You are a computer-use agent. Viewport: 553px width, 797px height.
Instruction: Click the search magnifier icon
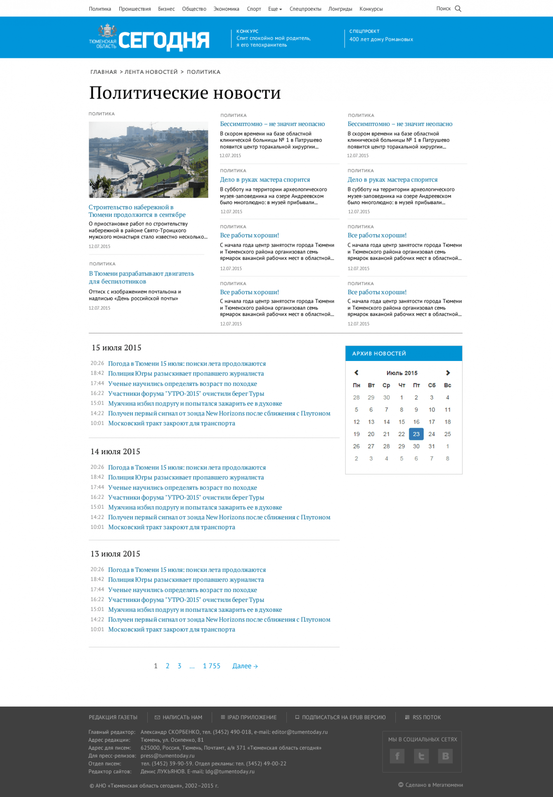click(458, 9)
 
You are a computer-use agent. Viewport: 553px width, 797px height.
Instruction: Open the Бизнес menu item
click(166, 9)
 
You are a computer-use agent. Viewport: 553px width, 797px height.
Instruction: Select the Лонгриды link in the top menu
click(340, 9)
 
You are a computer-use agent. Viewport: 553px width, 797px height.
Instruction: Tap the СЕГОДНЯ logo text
click(164, 40)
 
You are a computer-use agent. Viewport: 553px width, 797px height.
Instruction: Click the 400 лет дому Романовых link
click(381, 40)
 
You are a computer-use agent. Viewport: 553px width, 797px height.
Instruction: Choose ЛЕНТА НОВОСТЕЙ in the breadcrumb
click(151, 72)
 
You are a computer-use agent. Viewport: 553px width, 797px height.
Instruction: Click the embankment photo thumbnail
click(148, 160)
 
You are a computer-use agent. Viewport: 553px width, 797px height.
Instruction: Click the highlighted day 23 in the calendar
click(416, 434)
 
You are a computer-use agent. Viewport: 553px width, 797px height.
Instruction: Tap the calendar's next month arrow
click(448, 373)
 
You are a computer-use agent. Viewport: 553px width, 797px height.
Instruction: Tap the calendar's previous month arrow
click(357, 373)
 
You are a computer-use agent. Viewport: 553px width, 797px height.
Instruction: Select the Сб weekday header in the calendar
click(432, 385)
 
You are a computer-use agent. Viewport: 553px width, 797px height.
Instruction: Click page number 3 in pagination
click(180, 666)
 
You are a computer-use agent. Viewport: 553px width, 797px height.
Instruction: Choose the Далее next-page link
click(245, 666)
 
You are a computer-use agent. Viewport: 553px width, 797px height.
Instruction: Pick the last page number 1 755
click(212, 666)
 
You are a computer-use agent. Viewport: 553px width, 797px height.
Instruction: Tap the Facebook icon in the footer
click(397, 756)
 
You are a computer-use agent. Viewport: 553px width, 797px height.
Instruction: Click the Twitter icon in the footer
click(421, 756)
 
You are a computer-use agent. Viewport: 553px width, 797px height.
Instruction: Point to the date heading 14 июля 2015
click(116, 451)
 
